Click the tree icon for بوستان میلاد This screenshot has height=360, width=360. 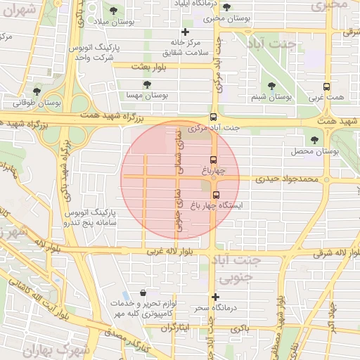[114, 11]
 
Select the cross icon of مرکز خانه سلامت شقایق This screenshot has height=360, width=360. [185, 32]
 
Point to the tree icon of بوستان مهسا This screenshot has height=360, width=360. [147, 84]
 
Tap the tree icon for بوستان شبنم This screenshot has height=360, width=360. [271, 87]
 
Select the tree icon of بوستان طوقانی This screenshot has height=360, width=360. [36, 91]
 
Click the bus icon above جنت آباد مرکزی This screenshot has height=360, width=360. [213, 118]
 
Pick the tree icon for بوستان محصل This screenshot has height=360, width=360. [314, 141]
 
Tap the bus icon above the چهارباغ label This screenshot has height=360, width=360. [214, 160]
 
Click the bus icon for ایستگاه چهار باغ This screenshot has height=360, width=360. [215, 195]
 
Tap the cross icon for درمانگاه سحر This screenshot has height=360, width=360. [215, 297]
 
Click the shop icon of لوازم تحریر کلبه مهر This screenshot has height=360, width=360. [143, 292]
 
